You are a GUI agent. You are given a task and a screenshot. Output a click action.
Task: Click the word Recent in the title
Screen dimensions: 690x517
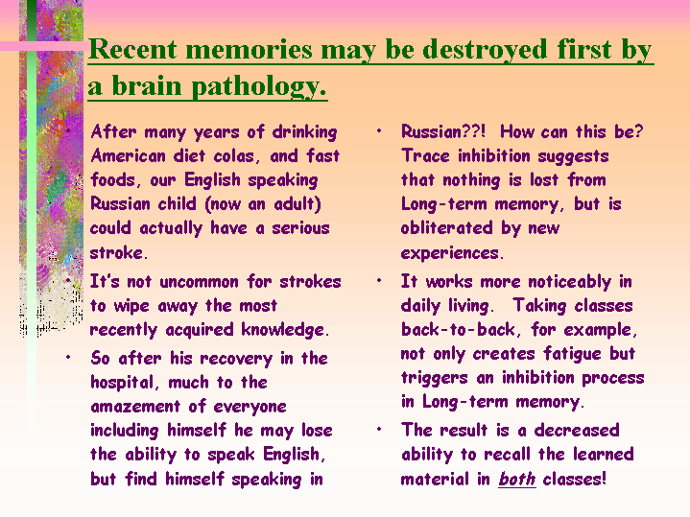[132, 49]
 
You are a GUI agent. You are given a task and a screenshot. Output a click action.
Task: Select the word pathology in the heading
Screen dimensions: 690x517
[259, 87]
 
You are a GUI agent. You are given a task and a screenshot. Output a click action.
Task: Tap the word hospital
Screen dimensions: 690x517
[123, 383]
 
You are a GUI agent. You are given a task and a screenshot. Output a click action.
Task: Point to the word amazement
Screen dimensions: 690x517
[135, 407]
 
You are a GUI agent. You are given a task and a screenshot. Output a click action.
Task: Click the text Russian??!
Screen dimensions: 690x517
[443, 131]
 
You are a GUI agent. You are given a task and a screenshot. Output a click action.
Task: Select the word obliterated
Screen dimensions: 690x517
[446, 228]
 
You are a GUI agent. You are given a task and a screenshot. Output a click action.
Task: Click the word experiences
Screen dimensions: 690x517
[451, 253]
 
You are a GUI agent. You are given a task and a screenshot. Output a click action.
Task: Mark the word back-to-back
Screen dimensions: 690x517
[458, 330]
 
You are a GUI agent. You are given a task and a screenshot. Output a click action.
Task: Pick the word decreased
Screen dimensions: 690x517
[577, 430]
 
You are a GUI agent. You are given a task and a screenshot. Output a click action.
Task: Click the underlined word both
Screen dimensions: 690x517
[517, 479]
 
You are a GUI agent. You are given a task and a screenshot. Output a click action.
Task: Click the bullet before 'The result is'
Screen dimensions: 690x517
[379, 430]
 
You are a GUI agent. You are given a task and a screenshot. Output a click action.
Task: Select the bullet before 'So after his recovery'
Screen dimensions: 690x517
[68, 358]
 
